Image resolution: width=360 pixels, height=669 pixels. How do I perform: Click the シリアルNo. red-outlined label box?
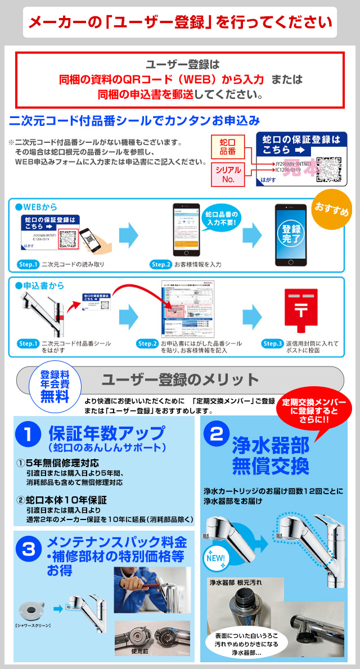(227, 174)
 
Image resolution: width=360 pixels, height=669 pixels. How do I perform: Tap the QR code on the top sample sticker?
(328, 168)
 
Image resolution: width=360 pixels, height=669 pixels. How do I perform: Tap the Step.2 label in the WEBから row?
(161, 264)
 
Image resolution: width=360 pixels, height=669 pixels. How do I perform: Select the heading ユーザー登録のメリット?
(179, 379)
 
